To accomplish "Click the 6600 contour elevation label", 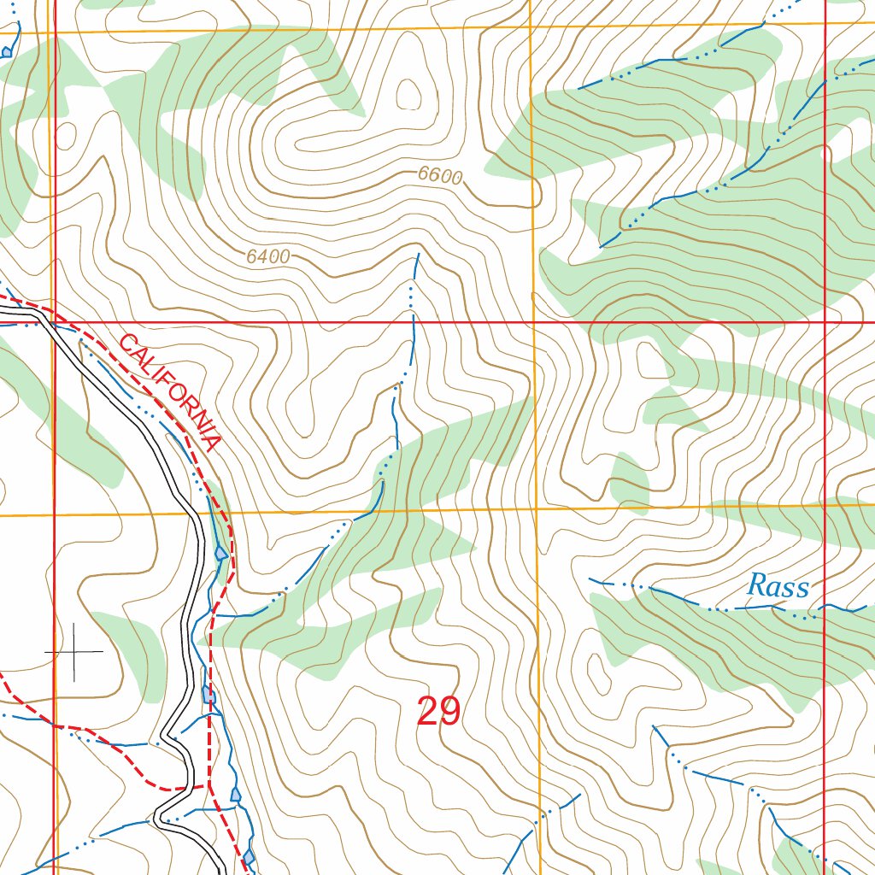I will pyautogui.click(x=440, y=176).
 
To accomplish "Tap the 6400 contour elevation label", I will pyautogui.click(x=267, y=255).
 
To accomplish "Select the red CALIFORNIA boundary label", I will pyautogui.click(x=170, y=392).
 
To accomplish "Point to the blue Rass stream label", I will pyautogui.click(x=778, y=587).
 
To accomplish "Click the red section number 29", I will pyautogui.click(x=438, y=711).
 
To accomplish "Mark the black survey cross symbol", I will pyautogui.click(x=74, y=652).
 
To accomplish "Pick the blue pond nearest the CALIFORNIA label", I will pyautogui.click(x=222, y=554).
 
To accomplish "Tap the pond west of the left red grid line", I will pyautogui.click(x=7, y=53).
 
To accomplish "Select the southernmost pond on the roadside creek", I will pyautogui.click(x=249, y=856).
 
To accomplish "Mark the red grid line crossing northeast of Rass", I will pyautogui.click(x=825, y=322).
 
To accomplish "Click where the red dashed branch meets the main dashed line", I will pyautogui.click(x=208, y=784).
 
